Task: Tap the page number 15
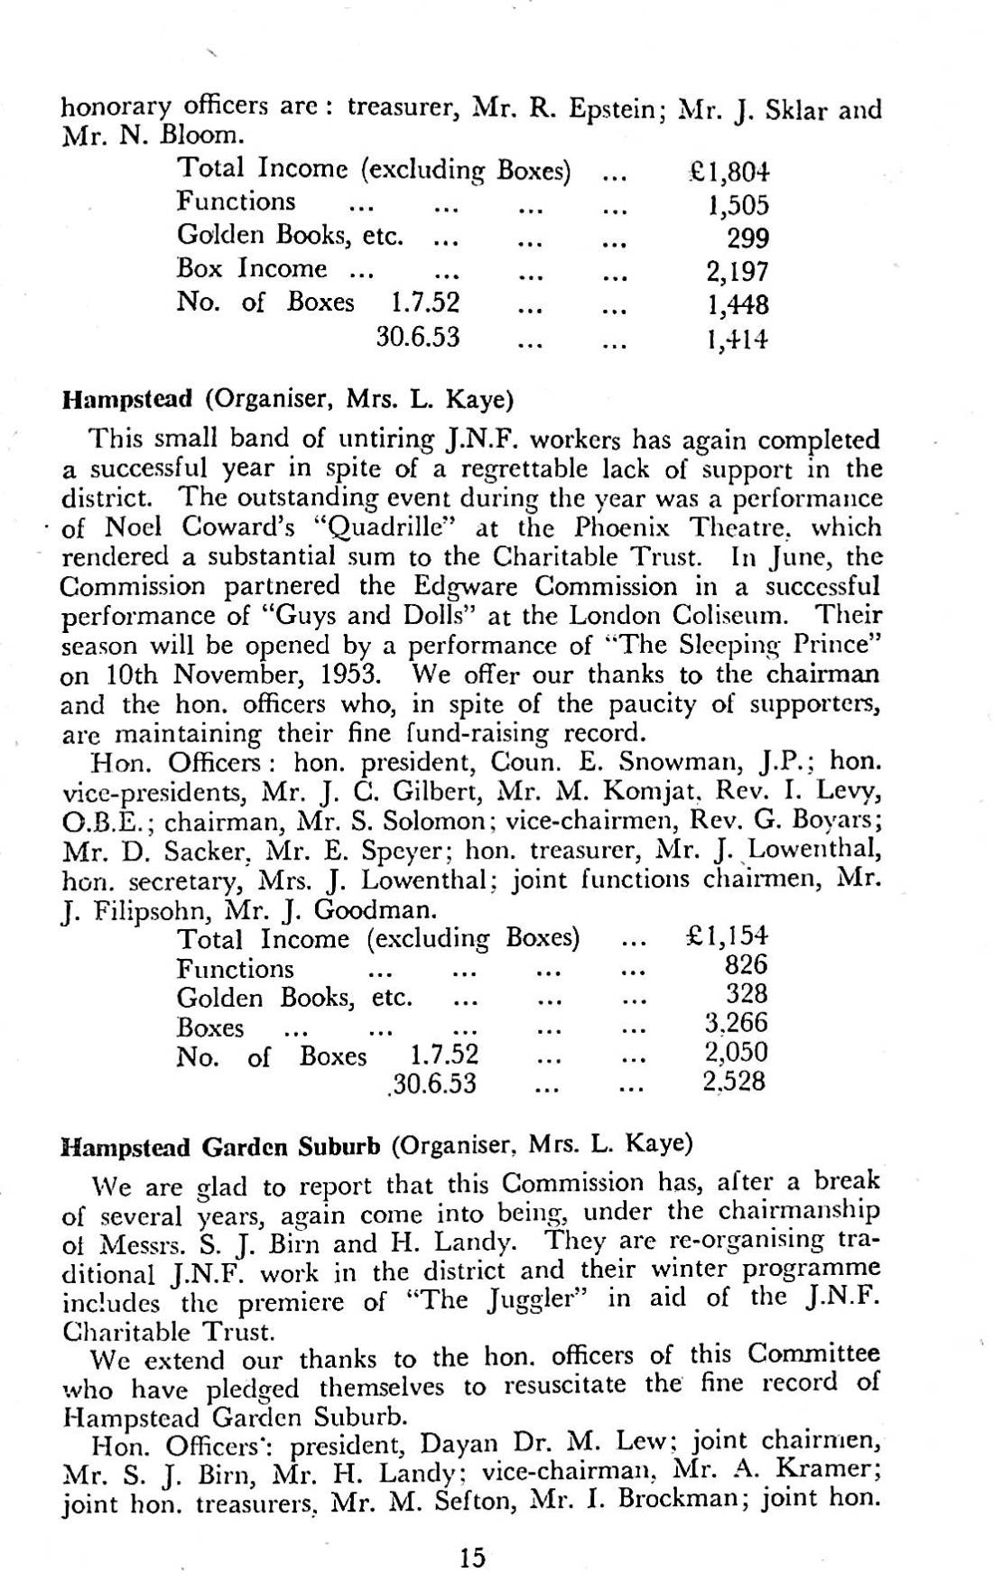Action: click(471, 1531)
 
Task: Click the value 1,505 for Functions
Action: click(738, 206)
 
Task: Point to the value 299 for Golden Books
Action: click(747, 238)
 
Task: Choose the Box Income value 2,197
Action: click(738, 272)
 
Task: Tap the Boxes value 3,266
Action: click(735, 1024)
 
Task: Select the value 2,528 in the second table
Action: click(734, 1081)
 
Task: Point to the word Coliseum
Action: click(733, 616)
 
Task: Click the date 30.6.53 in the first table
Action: click(418, 339)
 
